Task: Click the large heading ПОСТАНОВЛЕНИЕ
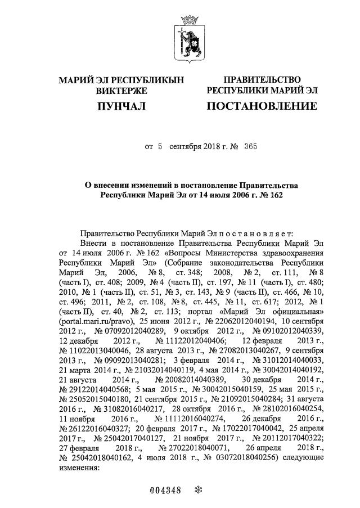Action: click(x=262, y=106)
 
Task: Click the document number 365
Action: click(x=251, y=147)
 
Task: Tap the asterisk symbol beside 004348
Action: click(x=197, y=489)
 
